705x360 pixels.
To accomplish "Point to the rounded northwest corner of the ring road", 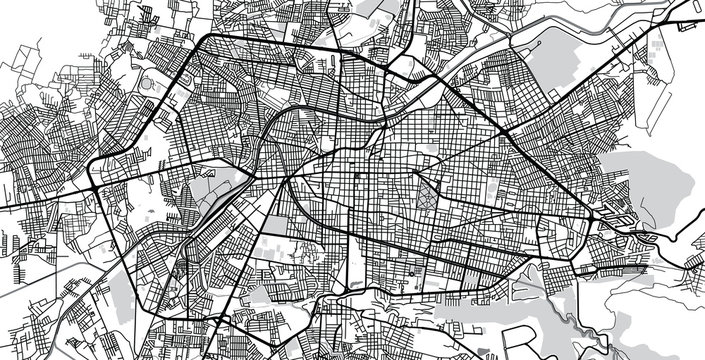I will coord(205,45).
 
